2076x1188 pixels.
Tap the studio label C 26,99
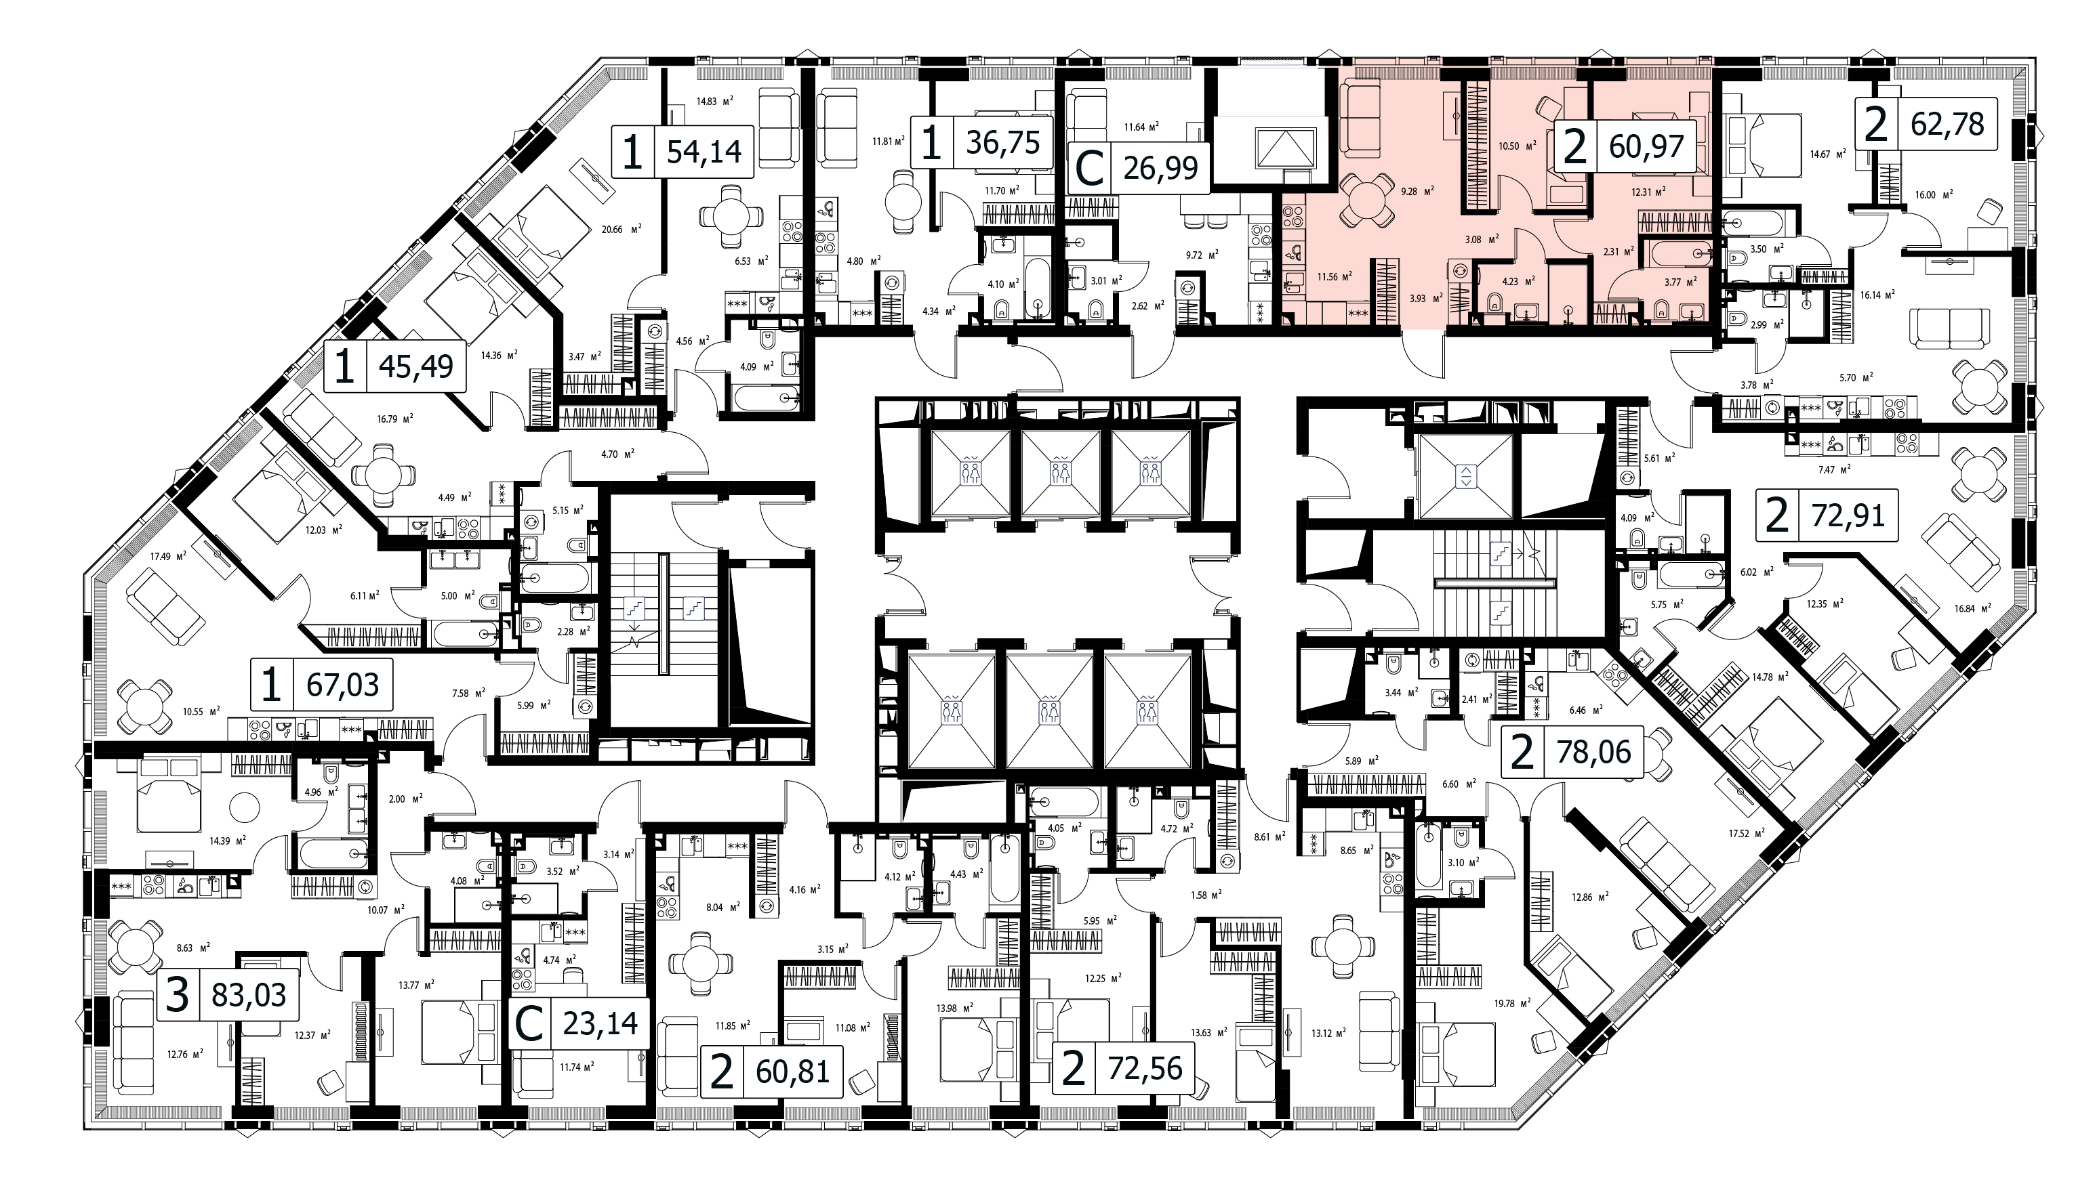coord(1139,168)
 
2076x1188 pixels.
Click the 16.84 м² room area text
coord(1971,607)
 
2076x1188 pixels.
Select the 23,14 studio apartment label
coord(579,1022)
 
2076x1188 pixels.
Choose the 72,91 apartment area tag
coord(1826,515)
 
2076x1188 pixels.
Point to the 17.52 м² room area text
coord(1744,833)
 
